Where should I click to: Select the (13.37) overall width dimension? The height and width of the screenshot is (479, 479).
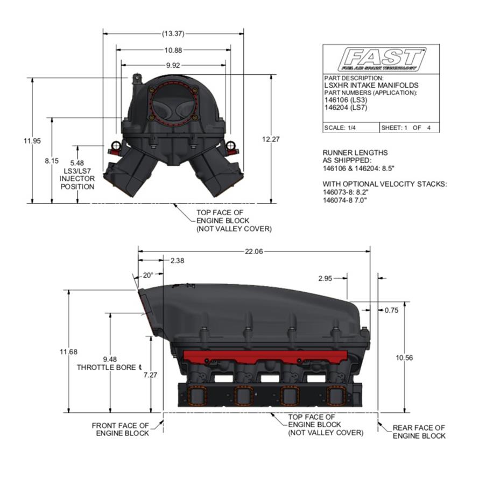[x=173, y=33]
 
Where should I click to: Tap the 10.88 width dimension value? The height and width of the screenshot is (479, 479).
[x=173, y=50]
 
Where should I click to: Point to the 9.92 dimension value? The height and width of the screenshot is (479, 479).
[x=173, y=65]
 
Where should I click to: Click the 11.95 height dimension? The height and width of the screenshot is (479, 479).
[x=32, y=140]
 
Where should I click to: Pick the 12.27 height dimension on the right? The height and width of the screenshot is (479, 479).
[x=271, y=139]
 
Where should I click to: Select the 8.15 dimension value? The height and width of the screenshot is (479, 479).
[x=52, y=161]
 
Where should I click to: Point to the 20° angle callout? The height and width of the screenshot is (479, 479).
[x=148, y=275]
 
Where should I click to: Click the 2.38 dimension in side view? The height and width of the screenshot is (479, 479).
[x=177, y=260]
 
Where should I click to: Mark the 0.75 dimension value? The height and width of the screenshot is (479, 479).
[x=392, y=311]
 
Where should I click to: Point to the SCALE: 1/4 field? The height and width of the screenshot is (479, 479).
[x=340, y=128]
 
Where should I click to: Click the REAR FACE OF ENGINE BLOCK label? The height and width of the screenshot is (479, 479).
[x=419, y=432]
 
